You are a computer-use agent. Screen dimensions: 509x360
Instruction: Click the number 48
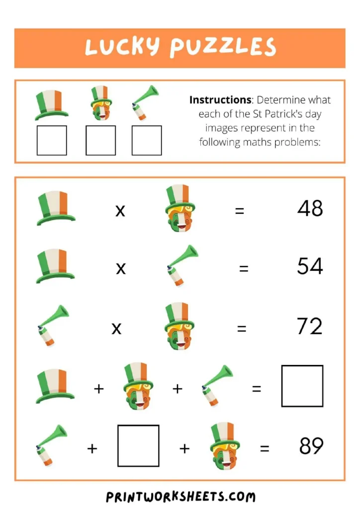click(310, 209)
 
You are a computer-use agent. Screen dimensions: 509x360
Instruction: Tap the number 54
click(310, 266)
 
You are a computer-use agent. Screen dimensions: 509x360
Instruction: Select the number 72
click(309, 326)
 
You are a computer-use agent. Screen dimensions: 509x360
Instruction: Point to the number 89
click(311, 446)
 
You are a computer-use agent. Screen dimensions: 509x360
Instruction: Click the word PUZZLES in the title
click(222, 48)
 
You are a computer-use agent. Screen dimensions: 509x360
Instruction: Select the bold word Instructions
click(220, 100)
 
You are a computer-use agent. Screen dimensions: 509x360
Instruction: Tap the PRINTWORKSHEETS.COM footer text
click(180, 496)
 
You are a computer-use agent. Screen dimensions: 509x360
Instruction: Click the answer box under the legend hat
click(52, 140)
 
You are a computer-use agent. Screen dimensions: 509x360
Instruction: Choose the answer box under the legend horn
click(147, 140)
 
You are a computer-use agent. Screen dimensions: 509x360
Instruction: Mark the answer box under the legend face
click(100, 140)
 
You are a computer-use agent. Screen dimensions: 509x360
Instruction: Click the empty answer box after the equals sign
click(302, 386)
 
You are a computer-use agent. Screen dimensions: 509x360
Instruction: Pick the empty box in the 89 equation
click(138, 445)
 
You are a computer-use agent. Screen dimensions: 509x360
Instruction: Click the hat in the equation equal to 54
click(56, 266)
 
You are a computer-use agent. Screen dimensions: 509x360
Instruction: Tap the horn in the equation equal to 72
click(52, 326)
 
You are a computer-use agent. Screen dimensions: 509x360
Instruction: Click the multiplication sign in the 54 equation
click(121, 269)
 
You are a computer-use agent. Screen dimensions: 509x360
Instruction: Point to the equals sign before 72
click(242, 329)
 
